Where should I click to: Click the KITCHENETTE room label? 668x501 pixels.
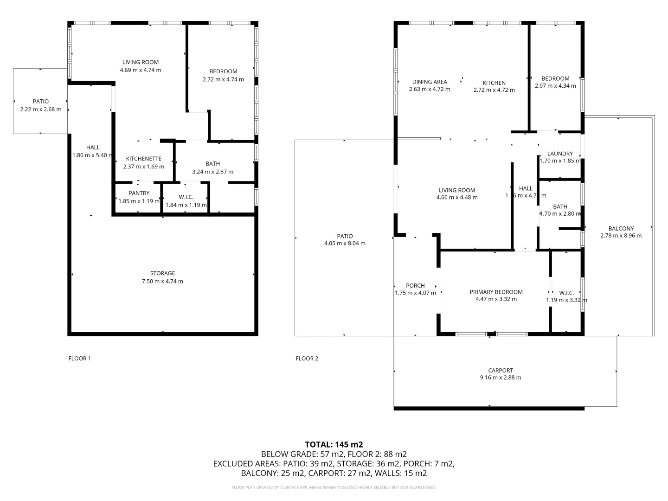[143, 159]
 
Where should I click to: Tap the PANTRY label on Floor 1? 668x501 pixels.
[139, 193]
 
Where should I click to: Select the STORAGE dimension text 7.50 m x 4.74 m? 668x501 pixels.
[162, 281]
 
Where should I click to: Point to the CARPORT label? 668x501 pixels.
[501, 370]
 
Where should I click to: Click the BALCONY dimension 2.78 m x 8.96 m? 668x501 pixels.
[621, 235]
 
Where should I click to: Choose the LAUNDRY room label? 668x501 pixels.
[560, 154]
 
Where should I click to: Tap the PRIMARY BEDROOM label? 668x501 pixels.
[496, 292]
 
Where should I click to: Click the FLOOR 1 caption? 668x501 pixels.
[80, 358]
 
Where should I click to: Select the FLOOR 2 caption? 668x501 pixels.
[307, 358]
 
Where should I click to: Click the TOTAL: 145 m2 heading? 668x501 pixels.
[334, 444]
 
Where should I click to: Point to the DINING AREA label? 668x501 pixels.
[430, 82]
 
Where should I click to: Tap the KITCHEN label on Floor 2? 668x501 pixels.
[494, 83]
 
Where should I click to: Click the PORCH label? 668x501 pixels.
[415, 285]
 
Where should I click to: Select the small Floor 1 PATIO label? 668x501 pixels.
[41, 101]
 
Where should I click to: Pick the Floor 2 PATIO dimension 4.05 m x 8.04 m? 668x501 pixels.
[345, 243]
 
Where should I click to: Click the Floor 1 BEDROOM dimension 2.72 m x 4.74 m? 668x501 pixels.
[223, 79]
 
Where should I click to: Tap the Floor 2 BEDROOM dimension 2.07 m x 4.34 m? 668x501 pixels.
[555, 86]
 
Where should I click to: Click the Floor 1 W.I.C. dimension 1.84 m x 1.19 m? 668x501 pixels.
[186, 205]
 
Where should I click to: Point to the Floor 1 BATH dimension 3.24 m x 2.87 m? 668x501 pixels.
[212, 172]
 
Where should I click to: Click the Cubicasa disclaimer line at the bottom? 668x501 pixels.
[334, 488]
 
